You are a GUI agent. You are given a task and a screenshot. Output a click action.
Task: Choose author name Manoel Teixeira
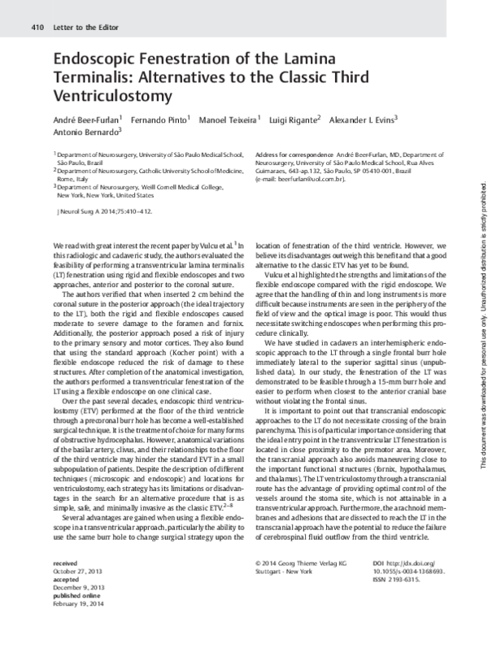230,120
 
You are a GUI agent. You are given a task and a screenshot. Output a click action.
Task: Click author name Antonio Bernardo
85,131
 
